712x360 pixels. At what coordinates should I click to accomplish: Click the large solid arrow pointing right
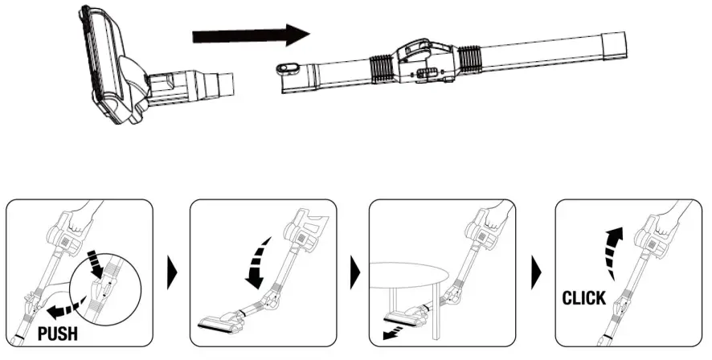pos(251,36)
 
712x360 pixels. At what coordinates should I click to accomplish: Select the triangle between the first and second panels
pos(170,277)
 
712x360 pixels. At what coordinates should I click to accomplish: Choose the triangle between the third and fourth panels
pos(536,277)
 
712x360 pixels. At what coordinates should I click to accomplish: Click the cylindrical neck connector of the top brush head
pos(217,82)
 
